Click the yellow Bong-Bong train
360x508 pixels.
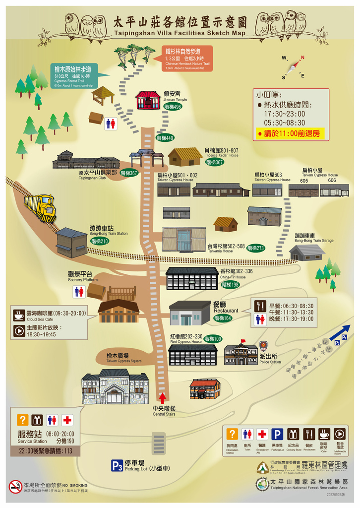[x=41, y=207]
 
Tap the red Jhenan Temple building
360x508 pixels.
[x=148, y=100]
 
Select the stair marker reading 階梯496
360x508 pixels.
[x=173, y=107]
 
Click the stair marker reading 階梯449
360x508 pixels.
[x=165, y=138]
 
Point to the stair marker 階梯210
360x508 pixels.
[x=100, y=241]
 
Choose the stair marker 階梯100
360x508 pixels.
[x=213, y=339]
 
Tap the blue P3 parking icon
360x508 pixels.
[x=117, y=466]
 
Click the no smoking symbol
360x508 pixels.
[x=15, y=487]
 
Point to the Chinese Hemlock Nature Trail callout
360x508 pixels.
[x=187, y=59]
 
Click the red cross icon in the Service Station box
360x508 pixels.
[x=67, y=420]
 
